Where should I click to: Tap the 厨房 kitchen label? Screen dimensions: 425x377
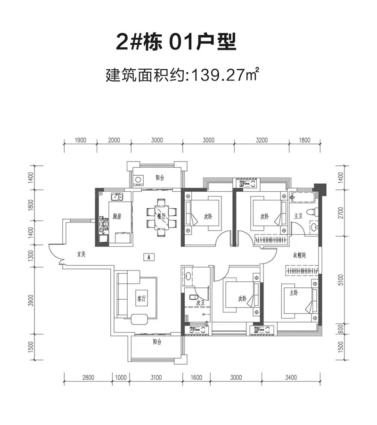tap(117, 217)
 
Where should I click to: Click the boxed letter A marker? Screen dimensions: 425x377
tap(148, 257)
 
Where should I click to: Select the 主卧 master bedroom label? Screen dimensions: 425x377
tap(294, 293)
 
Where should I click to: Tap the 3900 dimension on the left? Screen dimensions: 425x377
tap(31, 300)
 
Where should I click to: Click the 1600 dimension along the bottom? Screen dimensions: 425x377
tap(197, 377)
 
